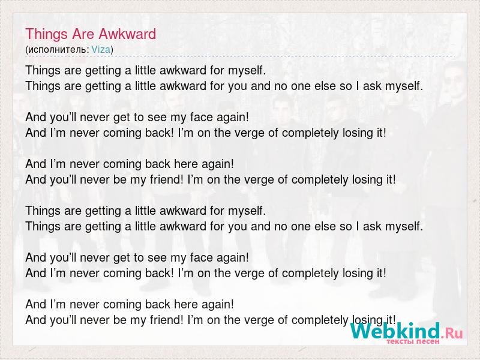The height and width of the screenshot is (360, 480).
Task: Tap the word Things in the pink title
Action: click(x=47, y=35)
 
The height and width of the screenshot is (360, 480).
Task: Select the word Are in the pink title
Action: click(x=83, y=34)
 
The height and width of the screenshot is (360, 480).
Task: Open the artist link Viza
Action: click(x=101, y=49)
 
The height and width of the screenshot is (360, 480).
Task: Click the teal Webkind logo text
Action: click(x=395, y=331)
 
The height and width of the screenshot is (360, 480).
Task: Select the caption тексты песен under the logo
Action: click(x=413, y=341)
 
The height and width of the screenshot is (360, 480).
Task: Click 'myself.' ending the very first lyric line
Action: click(x=247, y=71)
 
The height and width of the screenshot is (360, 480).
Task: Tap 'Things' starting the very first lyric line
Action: click(x=43, y=71)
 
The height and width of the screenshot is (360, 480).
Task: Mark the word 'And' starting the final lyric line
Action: click(x=35, y=320)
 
